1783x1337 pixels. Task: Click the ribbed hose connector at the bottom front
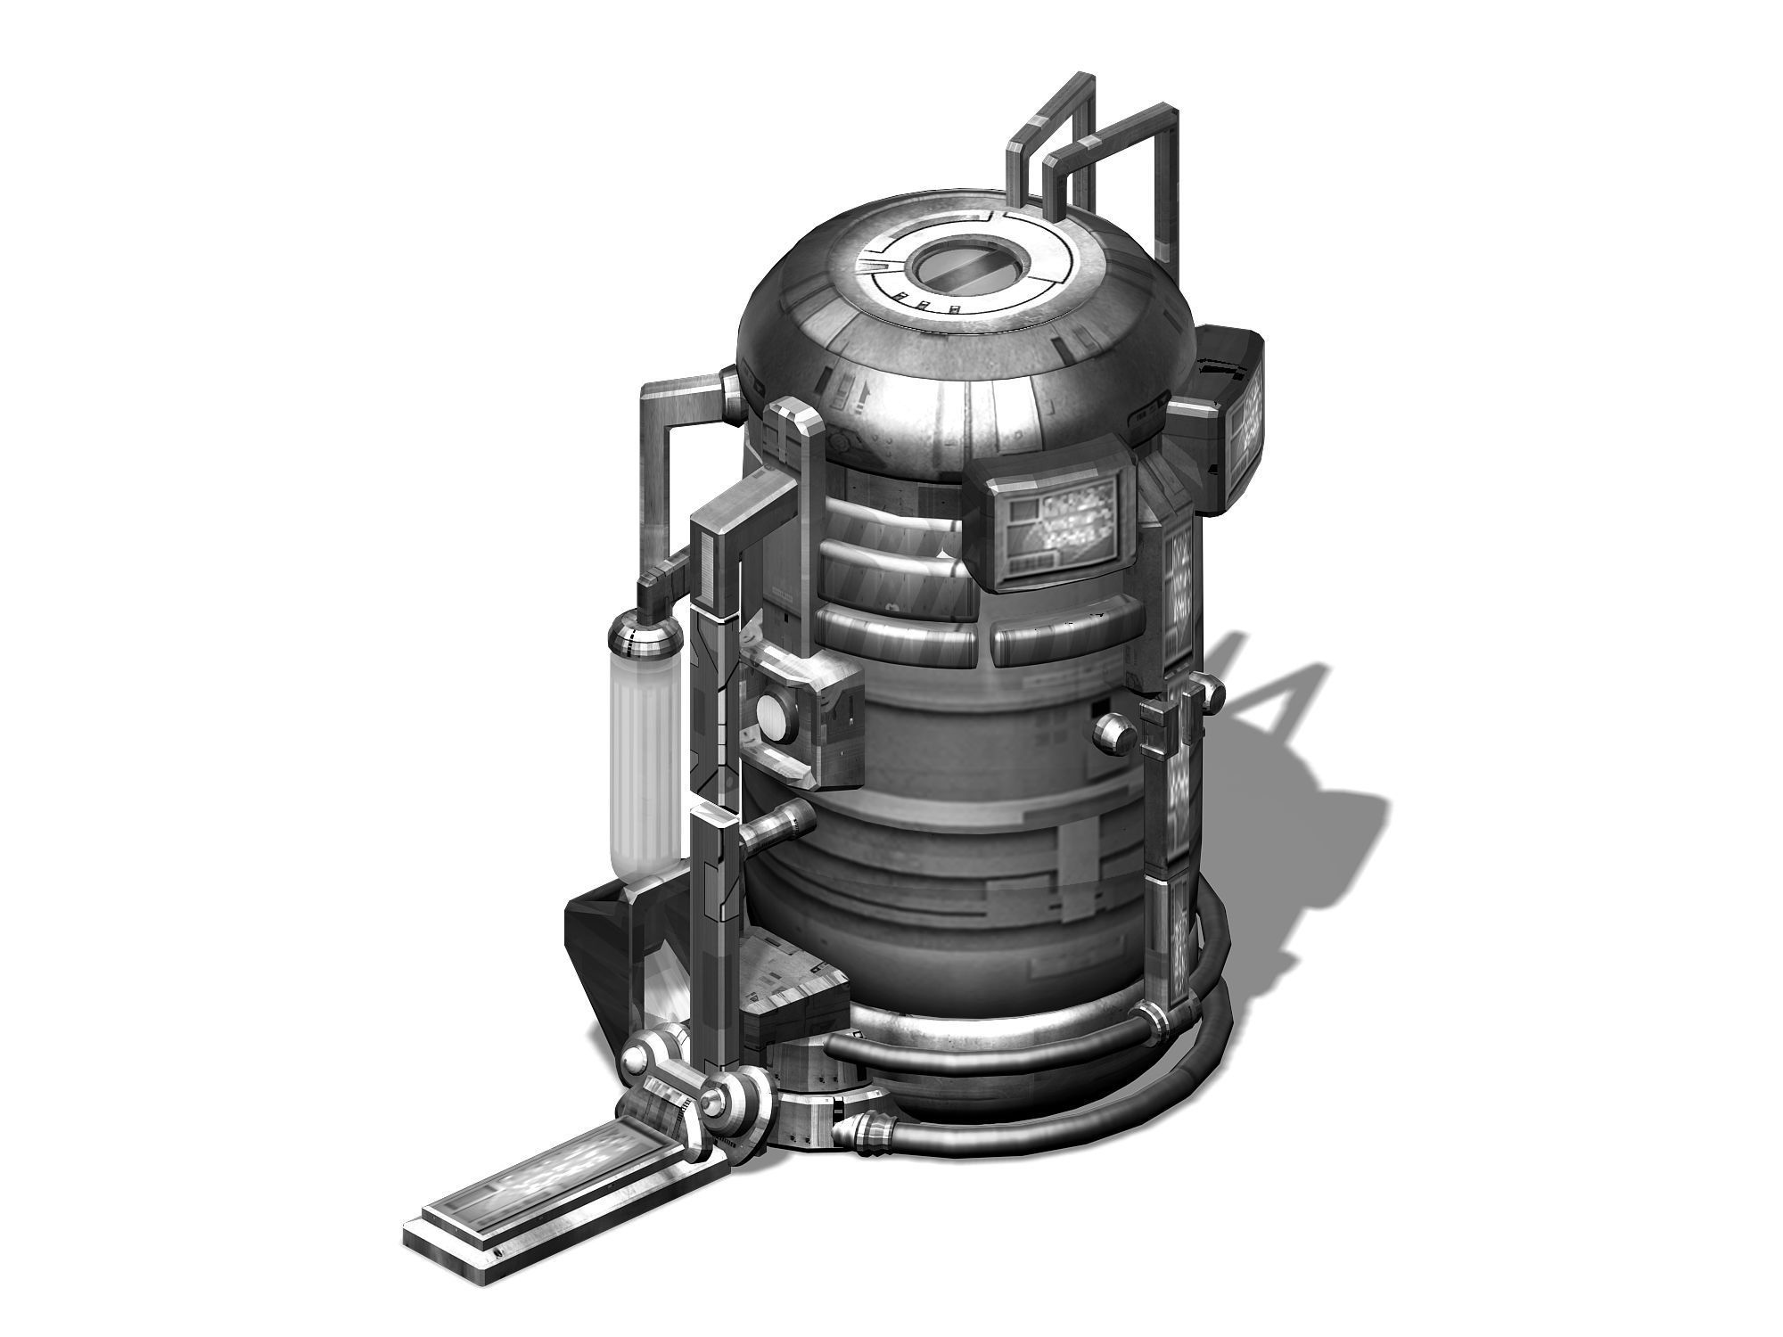click(x=869, y=1137)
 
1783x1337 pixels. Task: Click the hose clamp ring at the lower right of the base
click(x=1154, y=1021)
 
